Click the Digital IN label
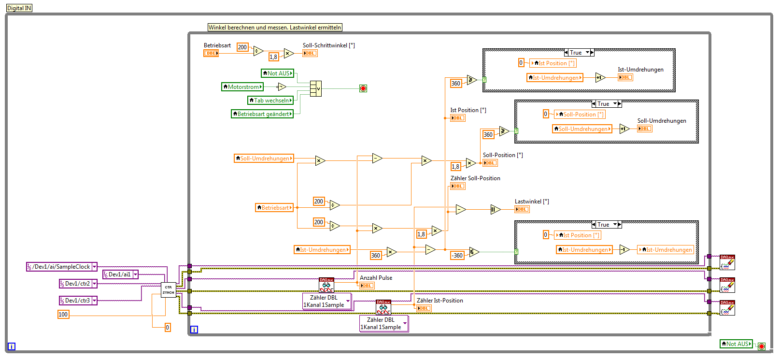tap(19, 8)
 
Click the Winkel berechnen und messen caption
tap(275, 28)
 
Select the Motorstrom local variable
tap(242, 87)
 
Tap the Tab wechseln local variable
tap(270, 101)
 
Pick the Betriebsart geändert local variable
tap(262, 114)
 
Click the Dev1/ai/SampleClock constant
tap(61, 267)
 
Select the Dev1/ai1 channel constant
tap(120, 274)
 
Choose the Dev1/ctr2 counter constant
tap(78, 284)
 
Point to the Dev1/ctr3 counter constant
tap(78, 301)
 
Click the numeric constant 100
tap(63, 315)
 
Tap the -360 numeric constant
tap(457, 256)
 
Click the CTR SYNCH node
tap(168, 290)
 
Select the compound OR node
tap(315, 88)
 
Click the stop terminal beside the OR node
tap(363, 88)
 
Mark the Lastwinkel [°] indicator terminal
tap(522, 209)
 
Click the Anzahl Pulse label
tap(376, 278)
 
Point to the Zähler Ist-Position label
tap(440, 301)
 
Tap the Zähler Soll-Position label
tap(475, 178)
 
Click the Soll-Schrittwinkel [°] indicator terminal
tap(310, 53)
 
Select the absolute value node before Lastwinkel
tap(495, 209)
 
